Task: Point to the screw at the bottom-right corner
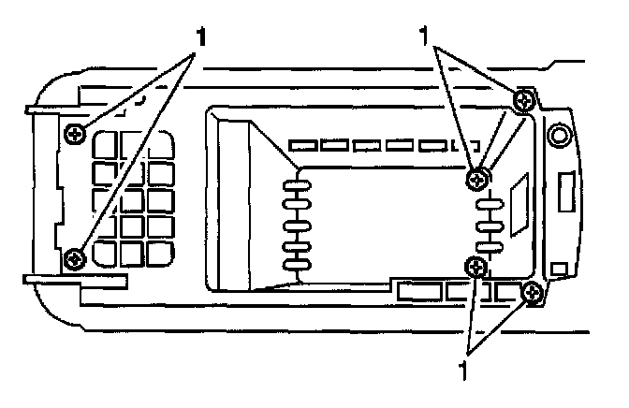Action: point(533,294)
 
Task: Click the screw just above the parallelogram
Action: point(478,176)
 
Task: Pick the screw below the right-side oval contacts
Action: point(478,268)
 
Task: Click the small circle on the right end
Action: point(559,138)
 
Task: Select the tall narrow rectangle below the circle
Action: point(566,195)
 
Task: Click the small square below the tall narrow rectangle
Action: point(559,270)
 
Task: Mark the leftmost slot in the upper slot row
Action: point(302,146)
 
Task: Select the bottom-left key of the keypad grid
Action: point(106,253)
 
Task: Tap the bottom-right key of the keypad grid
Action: point(160,253)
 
